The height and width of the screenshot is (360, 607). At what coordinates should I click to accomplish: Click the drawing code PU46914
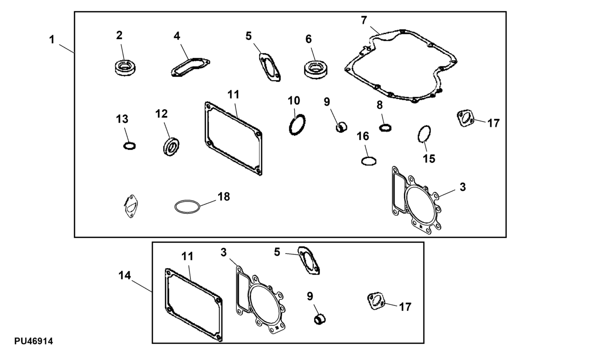[33, 342]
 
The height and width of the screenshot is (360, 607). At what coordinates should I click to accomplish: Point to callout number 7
[364, 20]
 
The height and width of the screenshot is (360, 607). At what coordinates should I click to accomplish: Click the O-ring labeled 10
[297, 124]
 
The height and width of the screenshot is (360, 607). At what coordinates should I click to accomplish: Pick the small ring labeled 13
[129, 146]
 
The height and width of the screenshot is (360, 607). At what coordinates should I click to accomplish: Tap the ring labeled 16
[369, 161]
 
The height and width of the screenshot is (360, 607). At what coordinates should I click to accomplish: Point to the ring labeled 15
[424, 134]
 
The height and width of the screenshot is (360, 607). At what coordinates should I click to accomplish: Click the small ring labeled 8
[385, 128]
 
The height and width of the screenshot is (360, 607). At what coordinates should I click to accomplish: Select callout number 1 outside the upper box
[52, 40]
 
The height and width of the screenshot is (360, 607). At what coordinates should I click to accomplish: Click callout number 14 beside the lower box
[125, 275]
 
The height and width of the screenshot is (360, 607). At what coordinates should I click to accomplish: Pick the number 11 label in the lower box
[187, 256]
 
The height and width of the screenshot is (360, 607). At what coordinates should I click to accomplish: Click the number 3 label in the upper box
[463, 187]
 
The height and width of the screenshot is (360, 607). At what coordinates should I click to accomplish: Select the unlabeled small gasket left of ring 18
[130, 206]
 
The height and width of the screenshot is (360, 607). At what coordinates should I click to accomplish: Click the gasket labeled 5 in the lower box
[309, 260]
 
